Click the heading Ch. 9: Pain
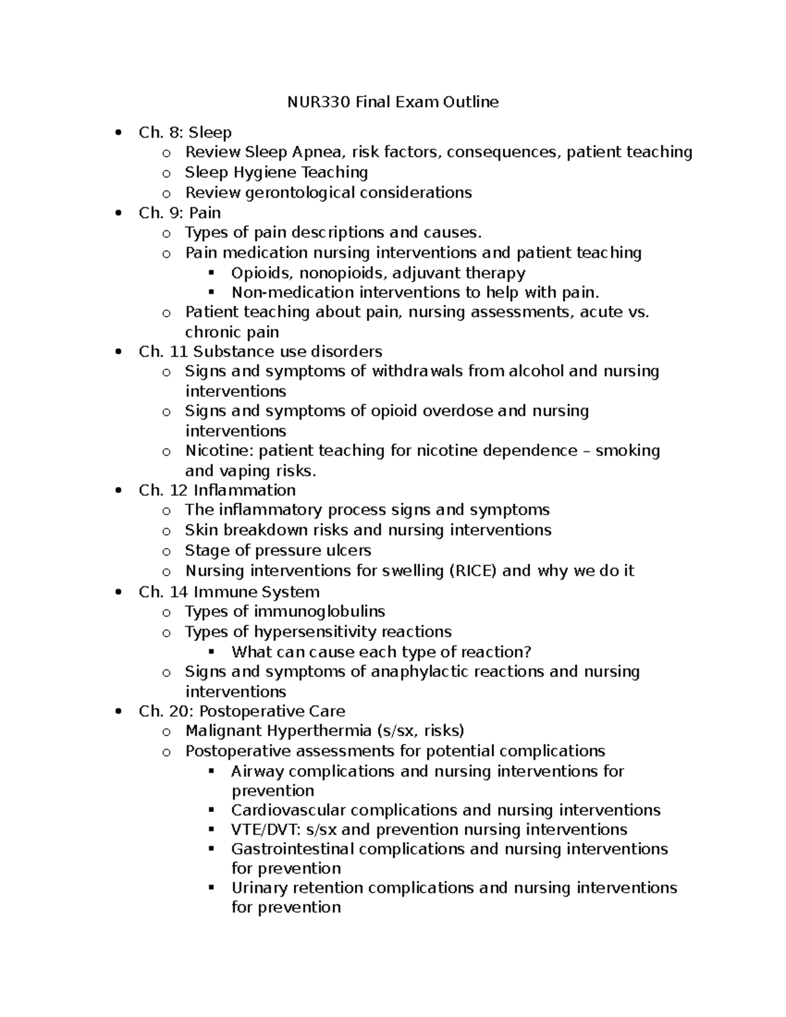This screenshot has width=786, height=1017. [x=179, y=213]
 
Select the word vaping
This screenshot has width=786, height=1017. [x=246, y=471]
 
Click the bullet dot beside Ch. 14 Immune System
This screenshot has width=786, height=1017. [x=118, y=592]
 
